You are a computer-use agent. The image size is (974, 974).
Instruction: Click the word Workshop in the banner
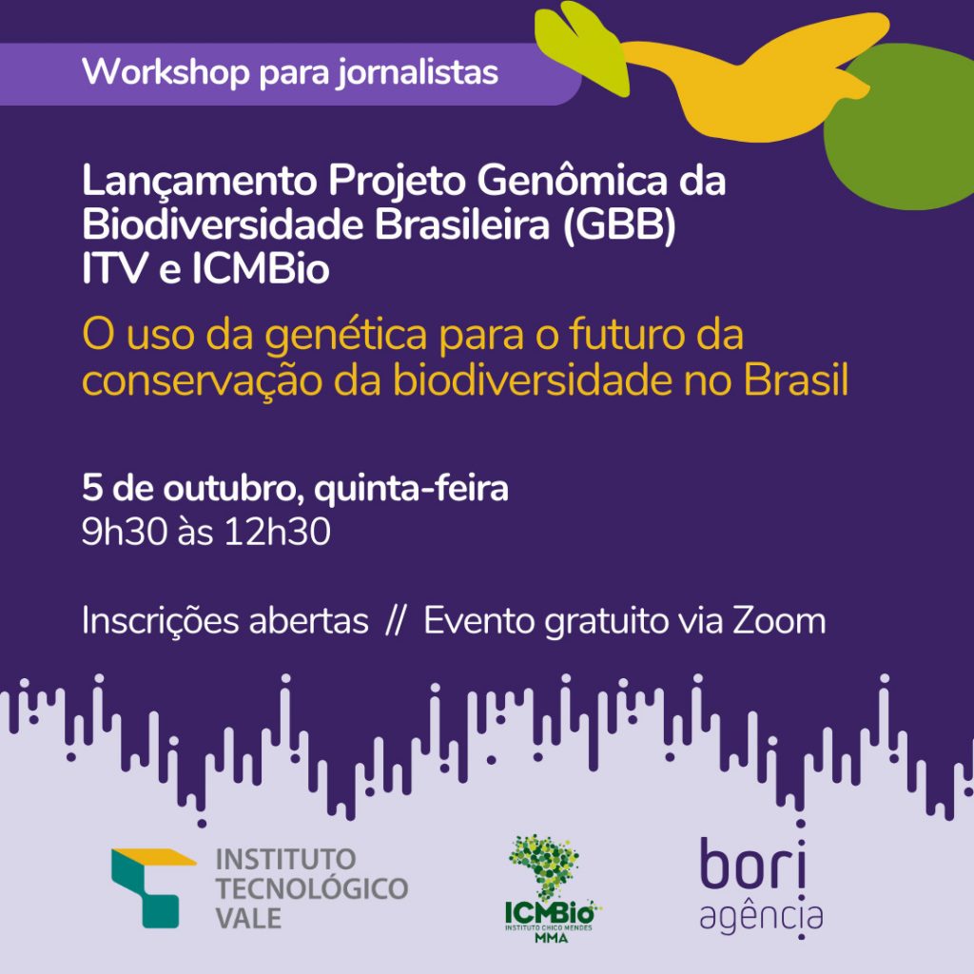tap(166, 71)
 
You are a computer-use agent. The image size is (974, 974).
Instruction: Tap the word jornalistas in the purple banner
tap(418, 73)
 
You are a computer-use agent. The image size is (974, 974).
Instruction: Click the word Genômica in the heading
tap(572, 180)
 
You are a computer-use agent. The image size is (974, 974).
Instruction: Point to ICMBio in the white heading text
tap(260, 268)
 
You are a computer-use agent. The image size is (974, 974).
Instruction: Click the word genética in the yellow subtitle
tap(346, 336)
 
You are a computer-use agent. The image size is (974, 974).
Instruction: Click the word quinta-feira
tap(411, 489)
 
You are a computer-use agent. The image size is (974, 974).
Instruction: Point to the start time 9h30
tap(125, 532)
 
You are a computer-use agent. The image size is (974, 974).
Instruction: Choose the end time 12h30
tap(277, 532)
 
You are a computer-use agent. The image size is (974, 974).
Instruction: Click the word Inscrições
tap(160, 621)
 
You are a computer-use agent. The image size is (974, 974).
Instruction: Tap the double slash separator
tap(395, 621)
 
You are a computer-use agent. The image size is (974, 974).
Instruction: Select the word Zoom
tap(779, 621)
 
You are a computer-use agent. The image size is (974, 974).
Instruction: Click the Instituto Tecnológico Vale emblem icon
tap(151, 887)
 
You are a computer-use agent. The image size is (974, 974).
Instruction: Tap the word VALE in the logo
tap(248, 918)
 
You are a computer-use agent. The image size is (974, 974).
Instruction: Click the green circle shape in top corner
tap(902, 127)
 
